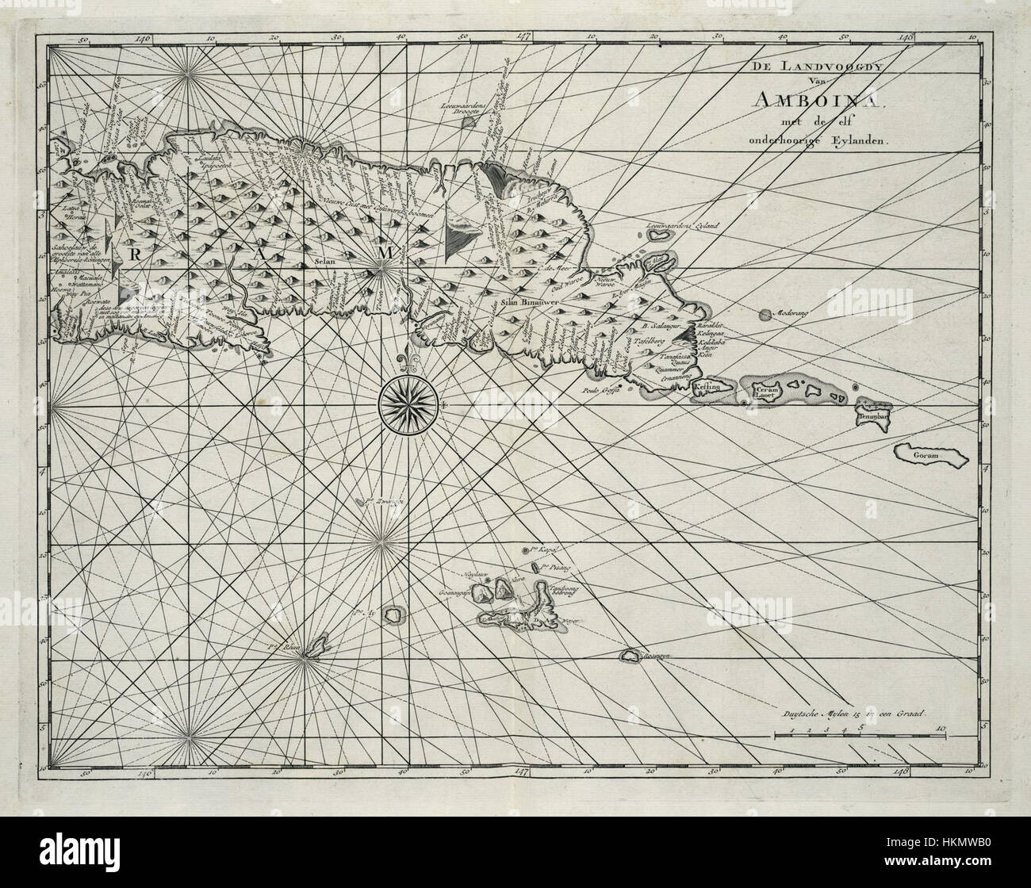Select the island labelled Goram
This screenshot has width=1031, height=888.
924,456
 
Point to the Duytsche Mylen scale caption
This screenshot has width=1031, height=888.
858,714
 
